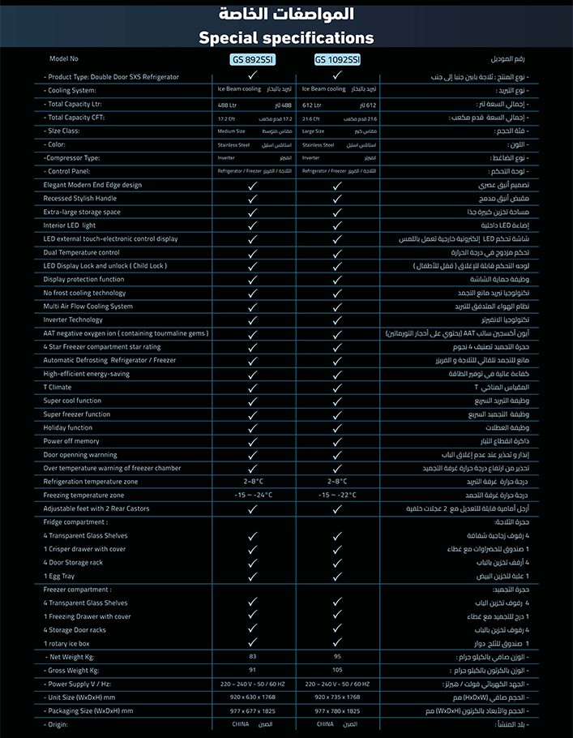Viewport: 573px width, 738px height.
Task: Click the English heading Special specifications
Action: pos(286,38)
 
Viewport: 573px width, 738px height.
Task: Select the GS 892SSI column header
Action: pos(253,59)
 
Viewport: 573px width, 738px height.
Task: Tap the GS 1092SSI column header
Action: pos(337,59)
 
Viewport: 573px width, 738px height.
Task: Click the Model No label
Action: pos(64,59)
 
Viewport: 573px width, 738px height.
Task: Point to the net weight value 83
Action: pos(253,656)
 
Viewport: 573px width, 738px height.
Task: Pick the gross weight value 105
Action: pos(337,670)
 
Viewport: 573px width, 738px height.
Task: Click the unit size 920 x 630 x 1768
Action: pos(253,697)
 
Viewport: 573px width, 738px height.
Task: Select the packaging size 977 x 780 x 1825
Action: pos(337,710)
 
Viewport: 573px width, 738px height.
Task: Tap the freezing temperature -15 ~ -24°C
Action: pos(253,495)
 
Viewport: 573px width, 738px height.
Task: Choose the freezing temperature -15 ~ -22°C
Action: pos(337,495)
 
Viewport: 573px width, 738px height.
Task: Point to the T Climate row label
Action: pos(58,387)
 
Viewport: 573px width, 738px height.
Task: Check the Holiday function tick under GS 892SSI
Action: pos(253,427)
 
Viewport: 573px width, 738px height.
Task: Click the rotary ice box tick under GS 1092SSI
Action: pos(337,643)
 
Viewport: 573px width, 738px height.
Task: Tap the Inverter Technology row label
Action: pos(74,320)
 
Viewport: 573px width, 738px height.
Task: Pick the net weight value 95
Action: pos(337,656)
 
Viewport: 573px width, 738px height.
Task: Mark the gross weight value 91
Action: pos(253,670)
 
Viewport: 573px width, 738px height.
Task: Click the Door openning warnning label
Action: pos(80,454)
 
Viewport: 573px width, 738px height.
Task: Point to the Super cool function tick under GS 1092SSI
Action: pos(337,401)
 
